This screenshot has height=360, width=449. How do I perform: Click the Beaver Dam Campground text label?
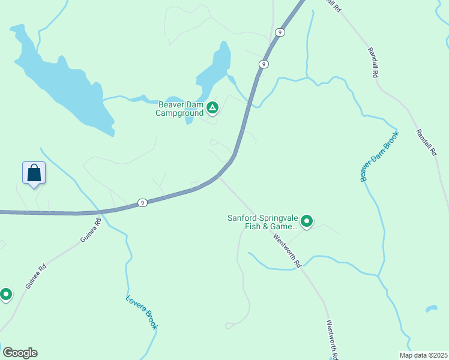point(180,108)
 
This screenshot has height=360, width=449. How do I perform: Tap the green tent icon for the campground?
point(212,108)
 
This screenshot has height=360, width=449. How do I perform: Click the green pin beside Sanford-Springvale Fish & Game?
point(306,222)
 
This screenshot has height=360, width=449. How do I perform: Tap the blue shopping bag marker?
point(34,173)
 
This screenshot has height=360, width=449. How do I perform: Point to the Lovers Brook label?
point(142,312)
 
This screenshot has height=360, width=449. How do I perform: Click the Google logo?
point(20,353)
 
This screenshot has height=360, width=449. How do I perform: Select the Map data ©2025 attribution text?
point(423,355)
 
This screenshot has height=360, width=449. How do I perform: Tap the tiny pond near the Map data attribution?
point(430,309)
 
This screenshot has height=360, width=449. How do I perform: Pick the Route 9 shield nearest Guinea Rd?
point(142,203)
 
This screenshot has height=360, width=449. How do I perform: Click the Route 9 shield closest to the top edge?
point(280,32)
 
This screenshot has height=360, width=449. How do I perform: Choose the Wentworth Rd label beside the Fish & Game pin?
point(287,250)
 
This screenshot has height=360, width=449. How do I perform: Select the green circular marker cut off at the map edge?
point(5,295)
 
